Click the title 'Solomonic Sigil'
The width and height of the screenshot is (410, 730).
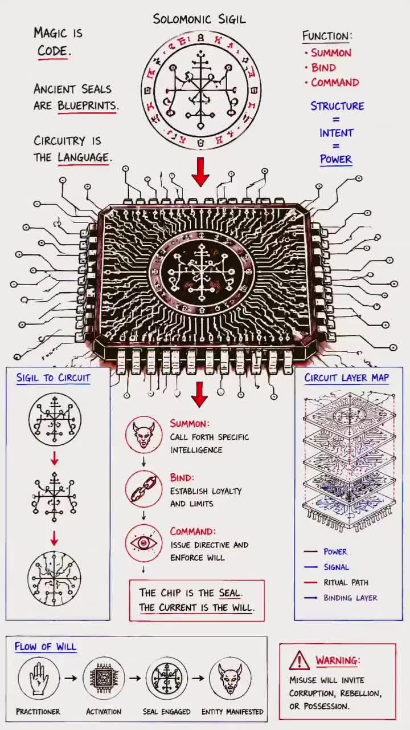coord(199,19)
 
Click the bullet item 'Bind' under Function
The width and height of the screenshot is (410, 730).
coord(323,67)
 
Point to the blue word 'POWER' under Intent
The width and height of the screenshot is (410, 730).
coord(336,159)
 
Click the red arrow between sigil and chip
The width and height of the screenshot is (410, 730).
coord(200,172)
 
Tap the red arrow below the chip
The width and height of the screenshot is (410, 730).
coord(199,395)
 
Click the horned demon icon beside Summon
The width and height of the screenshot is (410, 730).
coord(144,435)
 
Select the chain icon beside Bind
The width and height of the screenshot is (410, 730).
coord(144,489)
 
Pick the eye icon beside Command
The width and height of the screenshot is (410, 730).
coord(144,543)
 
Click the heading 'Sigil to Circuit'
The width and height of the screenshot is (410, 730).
coord(53,378)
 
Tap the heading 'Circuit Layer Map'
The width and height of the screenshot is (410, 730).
coord(347,378)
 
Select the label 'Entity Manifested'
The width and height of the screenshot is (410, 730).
coord(232,712)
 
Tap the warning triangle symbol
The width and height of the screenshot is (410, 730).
coord(300,660)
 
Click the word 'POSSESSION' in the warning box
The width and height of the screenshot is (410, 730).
coord(326,707)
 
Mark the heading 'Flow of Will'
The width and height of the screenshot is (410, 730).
coord(45,647)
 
